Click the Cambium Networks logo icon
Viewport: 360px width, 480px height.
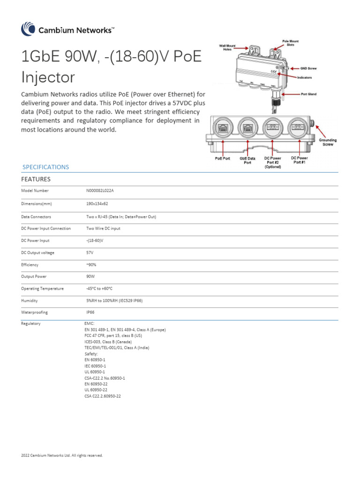(28, 29)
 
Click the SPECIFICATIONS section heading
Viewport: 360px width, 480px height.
(46, 167)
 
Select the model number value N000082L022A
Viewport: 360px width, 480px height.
(100, 191)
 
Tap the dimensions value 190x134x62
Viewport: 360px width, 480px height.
(97, 204)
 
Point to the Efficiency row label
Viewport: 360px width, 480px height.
(30, 265)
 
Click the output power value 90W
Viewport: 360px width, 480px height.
(91, 277)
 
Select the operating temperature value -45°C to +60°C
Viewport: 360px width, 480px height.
(99, 289)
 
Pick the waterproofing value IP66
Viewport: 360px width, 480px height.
(91, 312)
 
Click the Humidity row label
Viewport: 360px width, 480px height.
(29, 301)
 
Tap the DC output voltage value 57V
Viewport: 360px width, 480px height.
(90, 253)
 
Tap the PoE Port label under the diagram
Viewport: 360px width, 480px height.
(223, 158)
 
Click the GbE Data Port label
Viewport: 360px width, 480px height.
(247, 160)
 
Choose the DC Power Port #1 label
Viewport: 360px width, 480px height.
(299, 160)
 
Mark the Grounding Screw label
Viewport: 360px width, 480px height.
(328, 142)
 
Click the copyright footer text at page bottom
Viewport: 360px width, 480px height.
(62, 455)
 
